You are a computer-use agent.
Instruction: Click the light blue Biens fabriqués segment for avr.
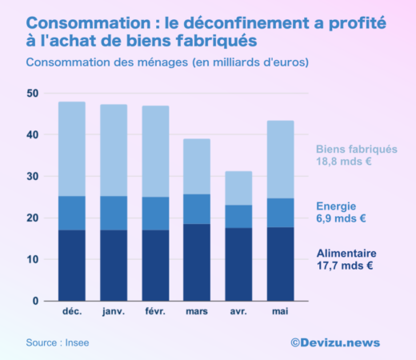[x=238, y=188]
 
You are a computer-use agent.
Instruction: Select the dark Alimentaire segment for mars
[x=197, y=262]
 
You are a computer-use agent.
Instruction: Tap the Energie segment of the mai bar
[x=280, y=213]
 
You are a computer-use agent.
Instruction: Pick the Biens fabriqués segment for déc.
[x=72, y=149]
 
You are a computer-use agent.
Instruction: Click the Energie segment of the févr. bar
[x=155, y=214]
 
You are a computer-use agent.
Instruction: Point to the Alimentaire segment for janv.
[x=114, y=266]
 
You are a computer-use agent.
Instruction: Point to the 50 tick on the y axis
[x=32, y=94]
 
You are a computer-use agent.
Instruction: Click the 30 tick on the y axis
[x=32, y=176]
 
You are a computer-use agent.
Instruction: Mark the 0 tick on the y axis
[x=35, y=301]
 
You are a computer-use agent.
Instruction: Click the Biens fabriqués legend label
[x=356, y=148]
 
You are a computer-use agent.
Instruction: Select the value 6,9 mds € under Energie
[x=341, y=218]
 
